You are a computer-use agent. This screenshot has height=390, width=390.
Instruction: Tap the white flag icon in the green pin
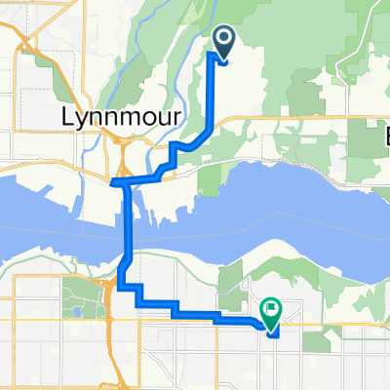click(x=269, y=309)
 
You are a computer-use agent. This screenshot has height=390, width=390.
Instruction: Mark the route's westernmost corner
click(x=113, y=181)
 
